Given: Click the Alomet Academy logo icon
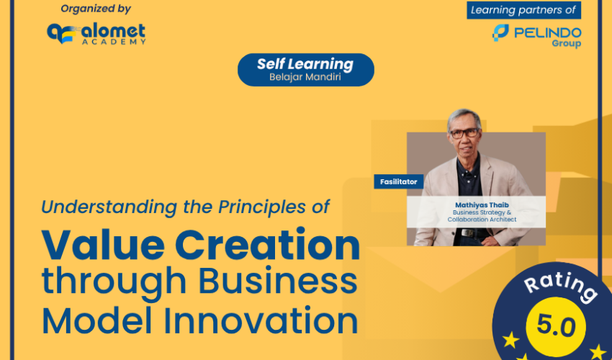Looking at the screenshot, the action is [61, 33].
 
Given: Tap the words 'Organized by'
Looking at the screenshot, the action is [96, 9].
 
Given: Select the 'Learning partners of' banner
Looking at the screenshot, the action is [523, 10].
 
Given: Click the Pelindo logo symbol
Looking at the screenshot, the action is [500, 33].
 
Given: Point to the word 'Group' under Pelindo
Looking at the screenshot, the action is [567, 43].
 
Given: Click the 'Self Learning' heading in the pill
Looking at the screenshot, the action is [305, 64].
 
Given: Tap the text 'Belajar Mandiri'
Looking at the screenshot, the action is [305, 77].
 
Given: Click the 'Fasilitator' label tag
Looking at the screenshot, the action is [398, 181].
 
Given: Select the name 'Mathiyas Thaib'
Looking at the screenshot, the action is [482, 205].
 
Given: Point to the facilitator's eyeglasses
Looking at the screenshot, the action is [464, 133].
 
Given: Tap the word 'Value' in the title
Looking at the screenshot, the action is [103, 246].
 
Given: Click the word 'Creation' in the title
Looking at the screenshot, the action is [267, 246].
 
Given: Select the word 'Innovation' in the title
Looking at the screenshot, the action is [261, 320].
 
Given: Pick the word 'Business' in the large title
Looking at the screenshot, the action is [278, 280].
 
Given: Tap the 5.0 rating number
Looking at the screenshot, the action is [556, 326].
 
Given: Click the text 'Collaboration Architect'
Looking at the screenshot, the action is [482, 220].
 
